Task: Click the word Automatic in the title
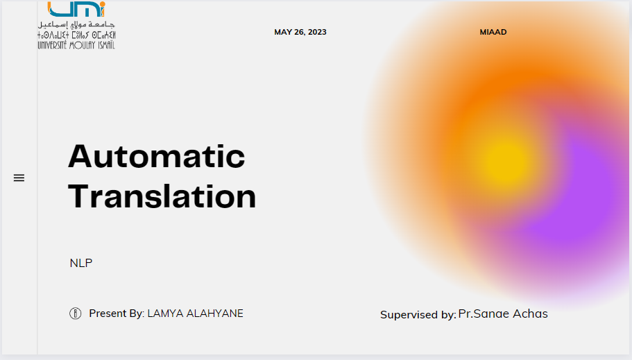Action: [156, 157]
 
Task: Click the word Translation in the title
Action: [162, 196]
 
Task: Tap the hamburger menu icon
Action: [19, 178]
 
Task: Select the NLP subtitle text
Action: [80, 263]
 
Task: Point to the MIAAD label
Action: [493, 32]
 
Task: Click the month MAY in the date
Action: [283, 32]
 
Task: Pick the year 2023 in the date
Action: [316, 32]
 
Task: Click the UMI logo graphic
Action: [76, 9]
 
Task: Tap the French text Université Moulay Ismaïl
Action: [76, 45]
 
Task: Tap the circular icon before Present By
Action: [76, 314]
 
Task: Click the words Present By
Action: [115, 314]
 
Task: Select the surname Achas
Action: [530, 314]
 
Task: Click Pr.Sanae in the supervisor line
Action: [483, 314]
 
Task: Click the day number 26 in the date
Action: [300, 32]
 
